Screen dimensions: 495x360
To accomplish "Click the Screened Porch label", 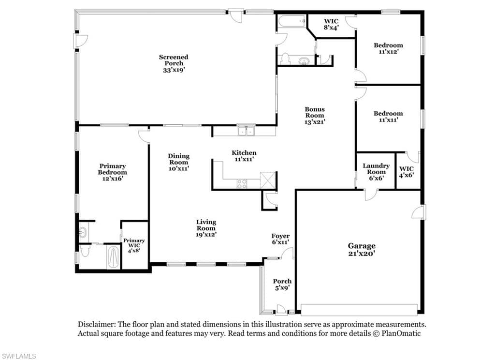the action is [x=174, y=63].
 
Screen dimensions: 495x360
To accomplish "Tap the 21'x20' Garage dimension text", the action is [x=362, y=253].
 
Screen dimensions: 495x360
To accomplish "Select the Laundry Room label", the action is [x=376, y=172].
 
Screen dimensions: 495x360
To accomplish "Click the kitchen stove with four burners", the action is [x=242, y=184].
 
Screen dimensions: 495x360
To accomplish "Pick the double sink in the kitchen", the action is [x=246, y=131].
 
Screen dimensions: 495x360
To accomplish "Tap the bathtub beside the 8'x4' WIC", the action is [x=291, y=21].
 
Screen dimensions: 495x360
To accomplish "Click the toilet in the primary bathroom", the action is [x=85, y=251].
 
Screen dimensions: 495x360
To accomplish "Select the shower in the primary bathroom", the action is [x=114, y=257].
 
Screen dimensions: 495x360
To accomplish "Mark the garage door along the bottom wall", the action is [x=359, y=310].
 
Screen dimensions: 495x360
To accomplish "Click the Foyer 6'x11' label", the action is [x=280, y=239].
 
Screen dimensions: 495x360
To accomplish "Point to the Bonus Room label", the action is [x=315, y=115].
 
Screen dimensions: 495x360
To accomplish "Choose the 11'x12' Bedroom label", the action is [x=388, y=48].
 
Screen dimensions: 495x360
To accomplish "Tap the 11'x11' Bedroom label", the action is [x=388, y=116].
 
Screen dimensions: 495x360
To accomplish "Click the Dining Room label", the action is [x=179, y=162].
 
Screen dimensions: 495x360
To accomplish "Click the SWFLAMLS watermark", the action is [x=18, y=356].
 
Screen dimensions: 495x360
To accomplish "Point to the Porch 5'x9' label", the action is [x=282, y=284].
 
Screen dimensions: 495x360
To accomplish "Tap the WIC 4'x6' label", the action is [x=406, y=172].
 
